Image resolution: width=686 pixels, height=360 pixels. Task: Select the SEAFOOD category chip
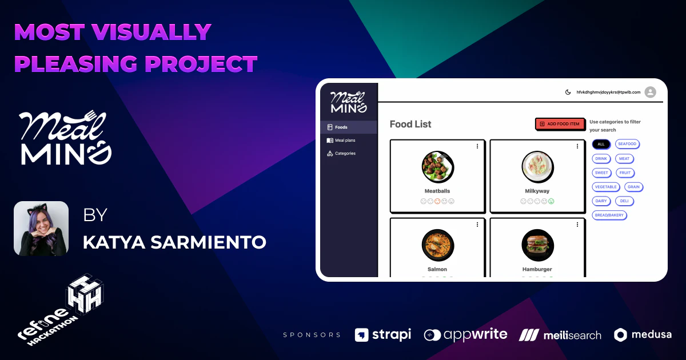pos(627,144)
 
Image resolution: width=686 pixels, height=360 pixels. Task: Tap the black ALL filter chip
pos(601,144)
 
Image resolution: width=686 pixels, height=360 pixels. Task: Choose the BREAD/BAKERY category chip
pos(609,215)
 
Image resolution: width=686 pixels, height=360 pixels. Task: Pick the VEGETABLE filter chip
pos(606,187)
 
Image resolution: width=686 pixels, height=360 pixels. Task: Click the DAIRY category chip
pos(601,201)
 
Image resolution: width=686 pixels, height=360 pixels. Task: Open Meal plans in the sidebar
pos(345,140)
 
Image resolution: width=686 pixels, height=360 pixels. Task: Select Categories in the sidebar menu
pos(345,153)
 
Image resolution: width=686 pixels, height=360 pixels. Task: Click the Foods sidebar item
pos(341,127)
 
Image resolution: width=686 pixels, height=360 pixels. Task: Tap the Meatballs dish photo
pos(438,166)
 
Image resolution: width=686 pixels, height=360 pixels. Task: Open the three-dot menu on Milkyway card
pos(577,146)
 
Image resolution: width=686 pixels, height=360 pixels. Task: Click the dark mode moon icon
pos(568,92)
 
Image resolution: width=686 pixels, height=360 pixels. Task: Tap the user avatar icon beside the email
pos(650,92)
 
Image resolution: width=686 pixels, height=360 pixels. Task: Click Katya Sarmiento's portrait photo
pos(41,229)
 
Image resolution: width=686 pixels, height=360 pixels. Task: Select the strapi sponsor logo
pos(382,335)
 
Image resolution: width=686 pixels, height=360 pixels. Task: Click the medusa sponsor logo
pos(643,335)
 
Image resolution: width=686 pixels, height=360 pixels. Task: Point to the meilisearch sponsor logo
pos(560,335)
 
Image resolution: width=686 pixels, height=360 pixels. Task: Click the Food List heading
pos(410,124)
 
